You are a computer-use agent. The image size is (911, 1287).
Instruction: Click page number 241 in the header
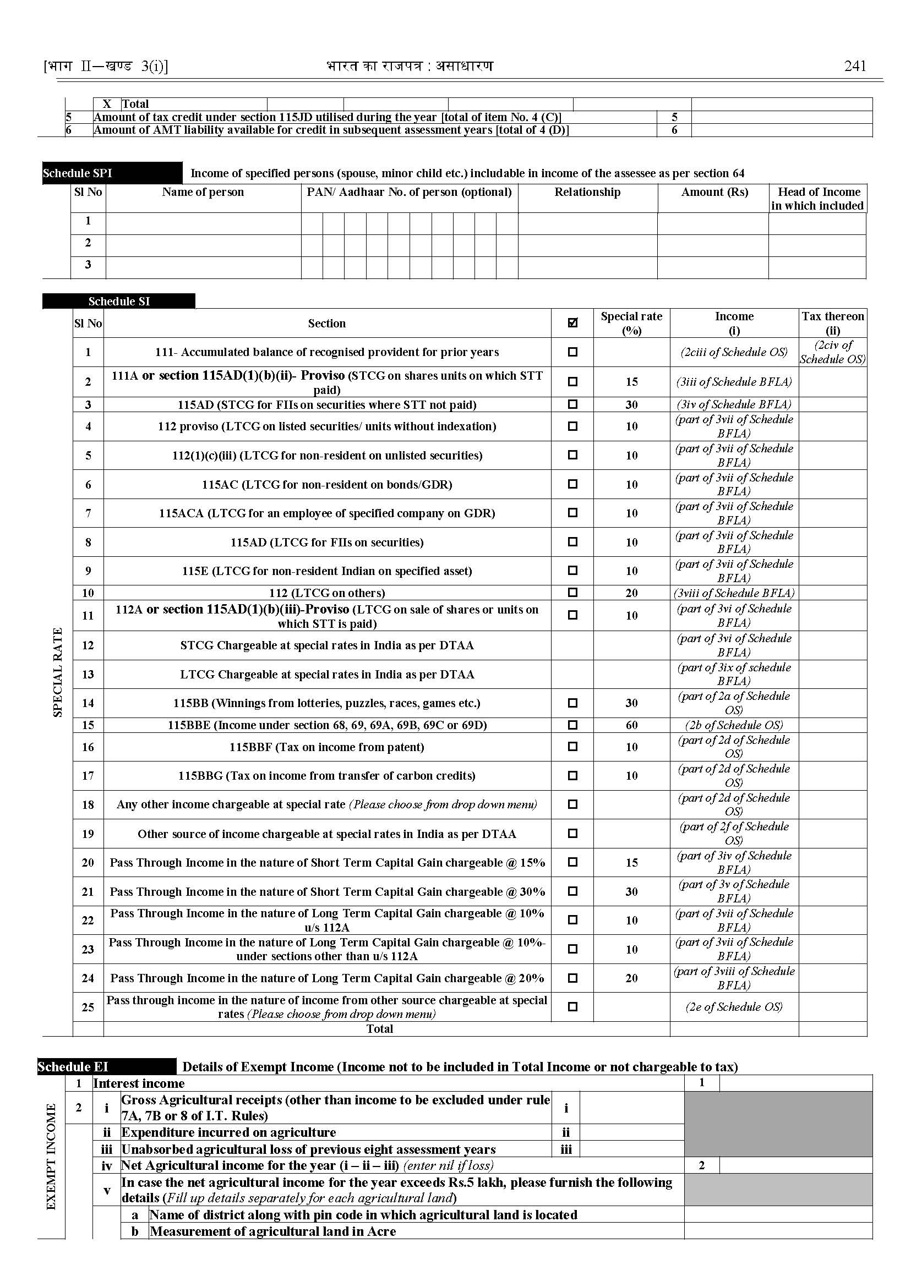pyautogui.click(x=855, y=66)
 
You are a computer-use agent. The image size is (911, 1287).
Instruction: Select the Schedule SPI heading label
pyautogui.click(x=78, y=173)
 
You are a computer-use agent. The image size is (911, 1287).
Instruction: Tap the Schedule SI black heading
pyautogui.click(x=119, y=302)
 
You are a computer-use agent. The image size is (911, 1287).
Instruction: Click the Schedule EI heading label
pyautogui.click(x=73, y=1066)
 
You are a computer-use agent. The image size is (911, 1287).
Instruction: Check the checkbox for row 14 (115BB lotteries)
pyautogui.click(x=572, y=703)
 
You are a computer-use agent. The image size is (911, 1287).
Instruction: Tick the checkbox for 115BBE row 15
pyautogui.click(x=572, y=725)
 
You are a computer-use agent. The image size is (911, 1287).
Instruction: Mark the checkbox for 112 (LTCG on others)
pyautogui.click(x=572, y=592)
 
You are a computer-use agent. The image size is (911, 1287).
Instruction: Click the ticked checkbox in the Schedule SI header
pyautogui.click(x=572, y=322)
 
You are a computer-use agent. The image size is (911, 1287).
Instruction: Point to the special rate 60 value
pyautogui.click(x=631, y=725)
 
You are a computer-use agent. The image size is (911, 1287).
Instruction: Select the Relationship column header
pyautogui.click(x=587, y=193)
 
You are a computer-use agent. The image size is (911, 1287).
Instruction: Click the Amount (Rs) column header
pyautogui.click(x=714, y=193)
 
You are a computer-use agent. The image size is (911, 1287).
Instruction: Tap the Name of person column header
pyautogui.click(x=203, y=193)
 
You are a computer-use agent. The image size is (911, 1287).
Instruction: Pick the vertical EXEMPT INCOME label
pyautogui.click(x=51, y=1156)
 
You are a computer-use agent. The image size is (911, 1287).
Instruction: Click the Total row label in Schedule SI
pyautogui.click(x=380, y=1028)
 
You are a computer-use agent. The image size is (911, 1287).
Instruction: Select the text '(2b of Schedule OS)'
pyautogui.click(x=734, y=725)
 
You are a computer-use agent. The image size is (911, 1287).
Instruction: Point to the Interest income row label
pyautogui.click(x=139, y=1083)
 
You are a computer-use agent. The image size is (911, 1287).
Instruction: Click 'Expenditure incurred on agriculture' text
pyautogui.click(x=229, y=1132)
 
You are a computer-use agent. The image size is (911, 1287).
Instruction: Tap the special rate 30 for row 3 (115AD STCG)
pyautogui.click(x=631, y=404)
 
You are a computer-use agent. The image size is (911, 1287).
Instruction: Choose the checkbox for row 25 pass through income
pyautogui.click(x=572, y=1006)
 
